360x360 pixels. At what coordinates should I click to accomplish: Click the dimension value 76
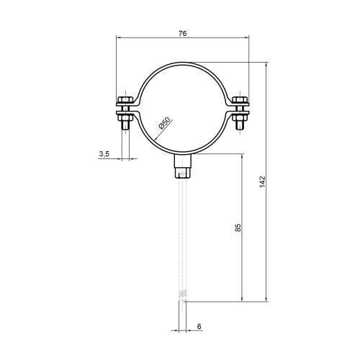point(182,33)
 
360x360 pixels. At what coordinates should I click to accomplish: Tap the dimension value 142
point(263,181)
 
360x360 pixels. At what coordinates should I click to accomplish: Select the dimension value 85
point(238,228)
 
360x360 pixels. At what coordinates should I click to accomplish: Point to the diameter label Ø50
point(164,123)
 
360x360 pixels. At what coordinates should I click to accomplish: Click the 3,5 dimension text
point(104,154)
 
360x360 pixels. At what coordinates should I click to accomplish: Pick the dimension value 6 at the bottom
point(199,326)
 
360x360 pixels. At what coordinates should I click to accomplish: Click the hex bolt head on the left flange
point(125,99)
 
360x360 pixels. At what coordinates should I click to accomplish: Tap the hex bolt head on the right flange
point(240,99)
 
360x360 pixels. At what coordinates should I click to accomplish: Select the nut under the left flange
point(125,117)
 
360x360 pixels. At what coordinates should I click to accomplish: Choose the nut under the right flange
point(240,117)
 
